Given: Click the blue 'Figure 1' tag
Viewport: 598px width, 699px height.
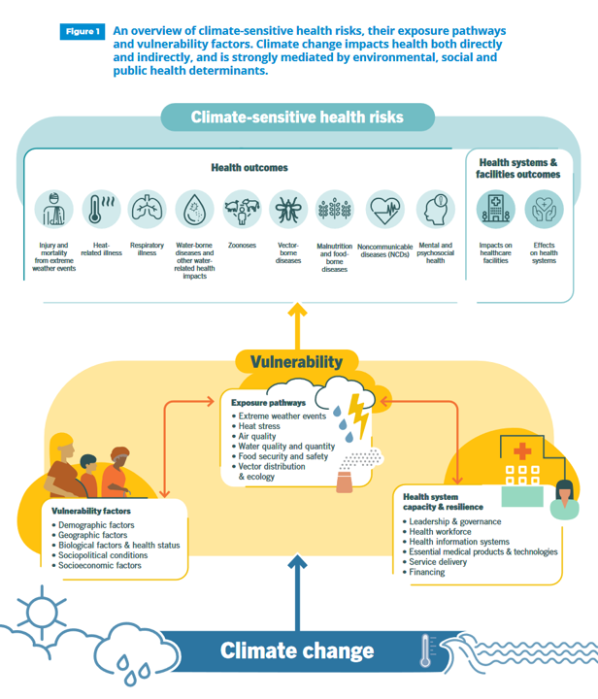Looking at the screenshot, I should pos(82,32).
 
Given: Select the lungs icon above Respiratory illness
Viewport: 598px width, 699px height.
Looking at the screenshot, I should pos(147,208).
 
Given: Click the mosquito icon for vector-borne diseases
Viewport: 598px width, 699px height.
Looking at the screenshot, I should pos(288,208).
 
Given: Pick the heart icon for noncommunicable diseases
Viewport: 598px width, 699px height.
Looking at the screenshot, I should pos(383,208).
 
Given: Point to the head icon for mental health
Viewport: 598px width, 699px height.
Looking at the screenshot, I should pos(435,208).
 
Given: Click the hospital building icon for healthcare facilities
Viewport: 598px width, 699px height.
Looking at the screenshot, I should pos(495,208).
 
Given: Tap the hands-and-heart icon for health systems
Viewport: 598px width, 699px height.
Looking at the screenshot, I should pos(544,208).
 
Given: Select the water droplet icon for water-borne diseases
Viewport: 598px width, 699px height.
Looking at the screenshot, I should pos(194,208).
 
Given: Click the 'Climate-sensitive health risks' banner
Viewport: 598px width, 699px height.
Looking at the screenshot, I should pos(296,117).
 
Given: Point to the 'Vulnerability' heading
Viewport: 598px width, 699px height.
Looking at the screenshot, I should pos(296,362).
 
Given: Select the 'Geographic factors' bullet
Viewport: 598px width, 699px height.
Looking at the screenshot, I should pos(93,534).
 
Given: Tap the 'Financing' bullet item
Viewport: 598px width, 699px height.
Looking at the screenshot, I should pos(427,572).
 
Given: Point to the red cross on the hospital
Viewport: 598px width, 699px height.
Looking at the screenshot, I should pos(522,452).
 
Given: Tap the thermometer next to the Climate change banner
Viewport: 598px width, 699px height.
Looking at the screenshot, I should pos(425,649).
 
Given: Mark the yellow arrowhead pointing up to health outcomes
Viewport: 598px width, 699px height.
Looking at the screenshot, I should pos(296,311).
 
